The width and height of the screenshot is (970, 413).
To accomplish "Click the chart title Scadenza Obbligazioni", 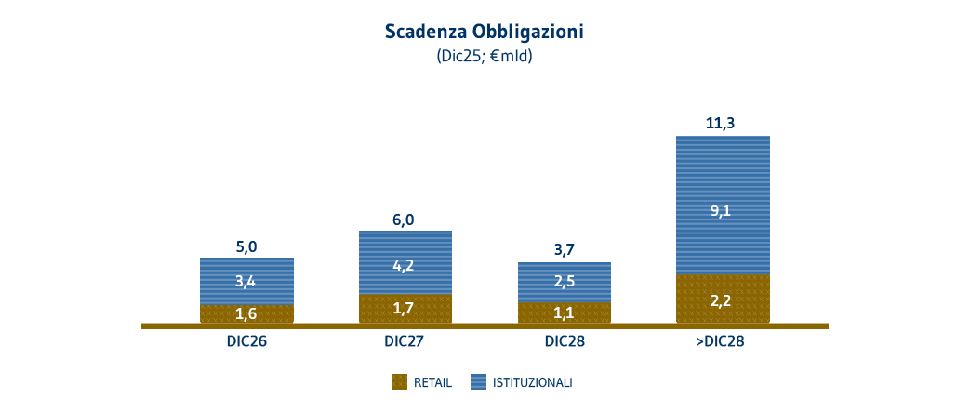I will pos(484,31).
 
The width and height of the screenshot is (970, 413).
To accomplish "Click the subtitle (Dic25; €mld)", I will pos(484,56).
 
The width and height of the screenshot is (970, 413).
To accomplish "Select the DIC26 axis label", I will pos(246,341).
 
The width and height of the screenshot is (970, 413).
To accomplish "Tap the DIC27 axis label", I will pos(405,341).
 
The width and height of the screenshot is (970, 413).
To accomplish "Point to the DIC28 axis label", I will pos(565,341).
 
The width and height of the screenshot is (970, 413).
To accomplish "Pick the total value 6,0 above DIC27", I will pos(405,220).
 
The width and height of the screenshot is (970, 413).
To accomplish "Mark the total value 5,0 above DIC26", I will pos(246,246).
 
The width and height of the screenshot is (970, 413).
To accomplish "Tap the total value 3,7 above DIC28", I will pos(565,250).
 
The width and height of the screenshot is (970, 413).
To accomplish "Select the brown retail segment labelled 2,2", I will pos(723,300).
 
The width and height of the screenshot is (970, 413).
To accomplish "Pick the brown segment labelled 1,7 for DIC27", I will pos(405,308).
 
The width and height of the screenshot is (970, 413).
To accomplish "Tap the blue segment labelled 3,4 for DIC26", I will pos(246,281).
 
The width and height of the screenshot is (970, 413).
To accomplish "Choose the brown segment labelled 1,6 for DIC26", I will pos(246,313).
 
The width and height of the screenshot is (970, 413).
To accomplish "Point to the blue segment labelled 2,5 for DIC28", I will pos(565,282).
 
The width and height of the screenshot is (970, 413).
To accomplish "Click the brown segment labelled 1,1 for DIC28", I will pos(565,313).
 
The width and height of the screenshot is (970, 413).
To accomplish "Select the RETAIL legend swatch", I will pos(400,381).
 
